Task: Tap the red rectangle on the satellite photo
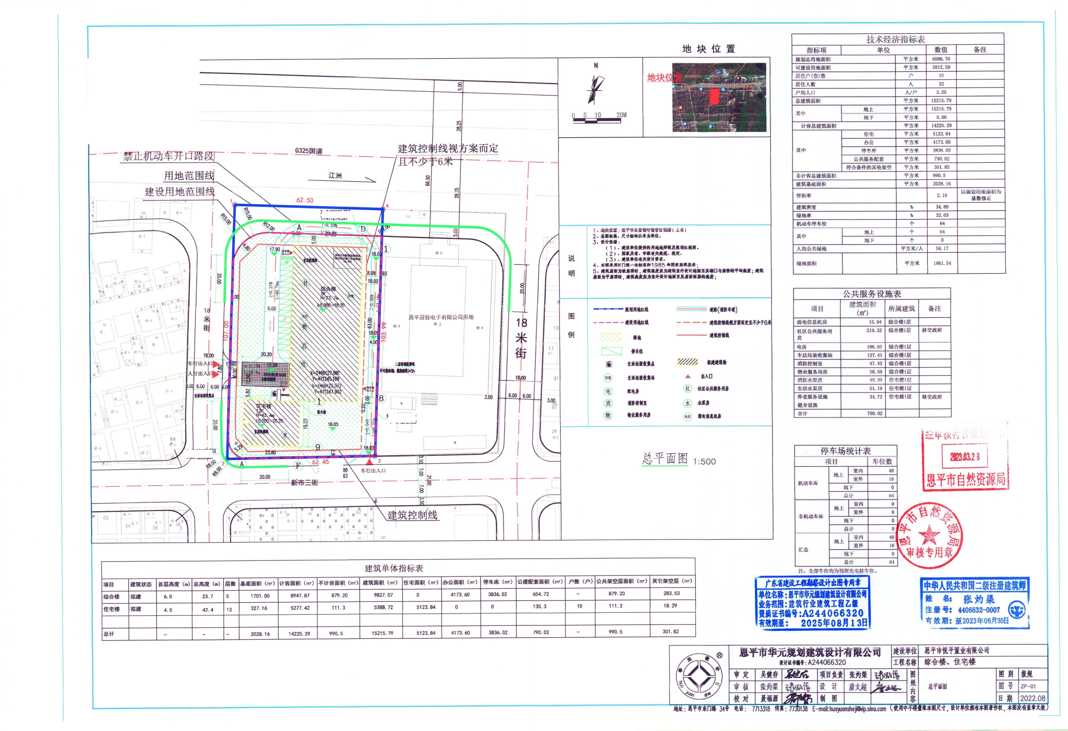pos(714,97)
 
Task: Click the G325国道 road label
pos(309,151)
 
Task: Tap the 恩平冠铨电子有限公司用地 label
pos(441,317)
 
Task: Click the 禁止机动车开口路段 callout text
pos(168,156)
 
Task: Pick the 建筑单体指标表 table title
pos(394,568)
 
